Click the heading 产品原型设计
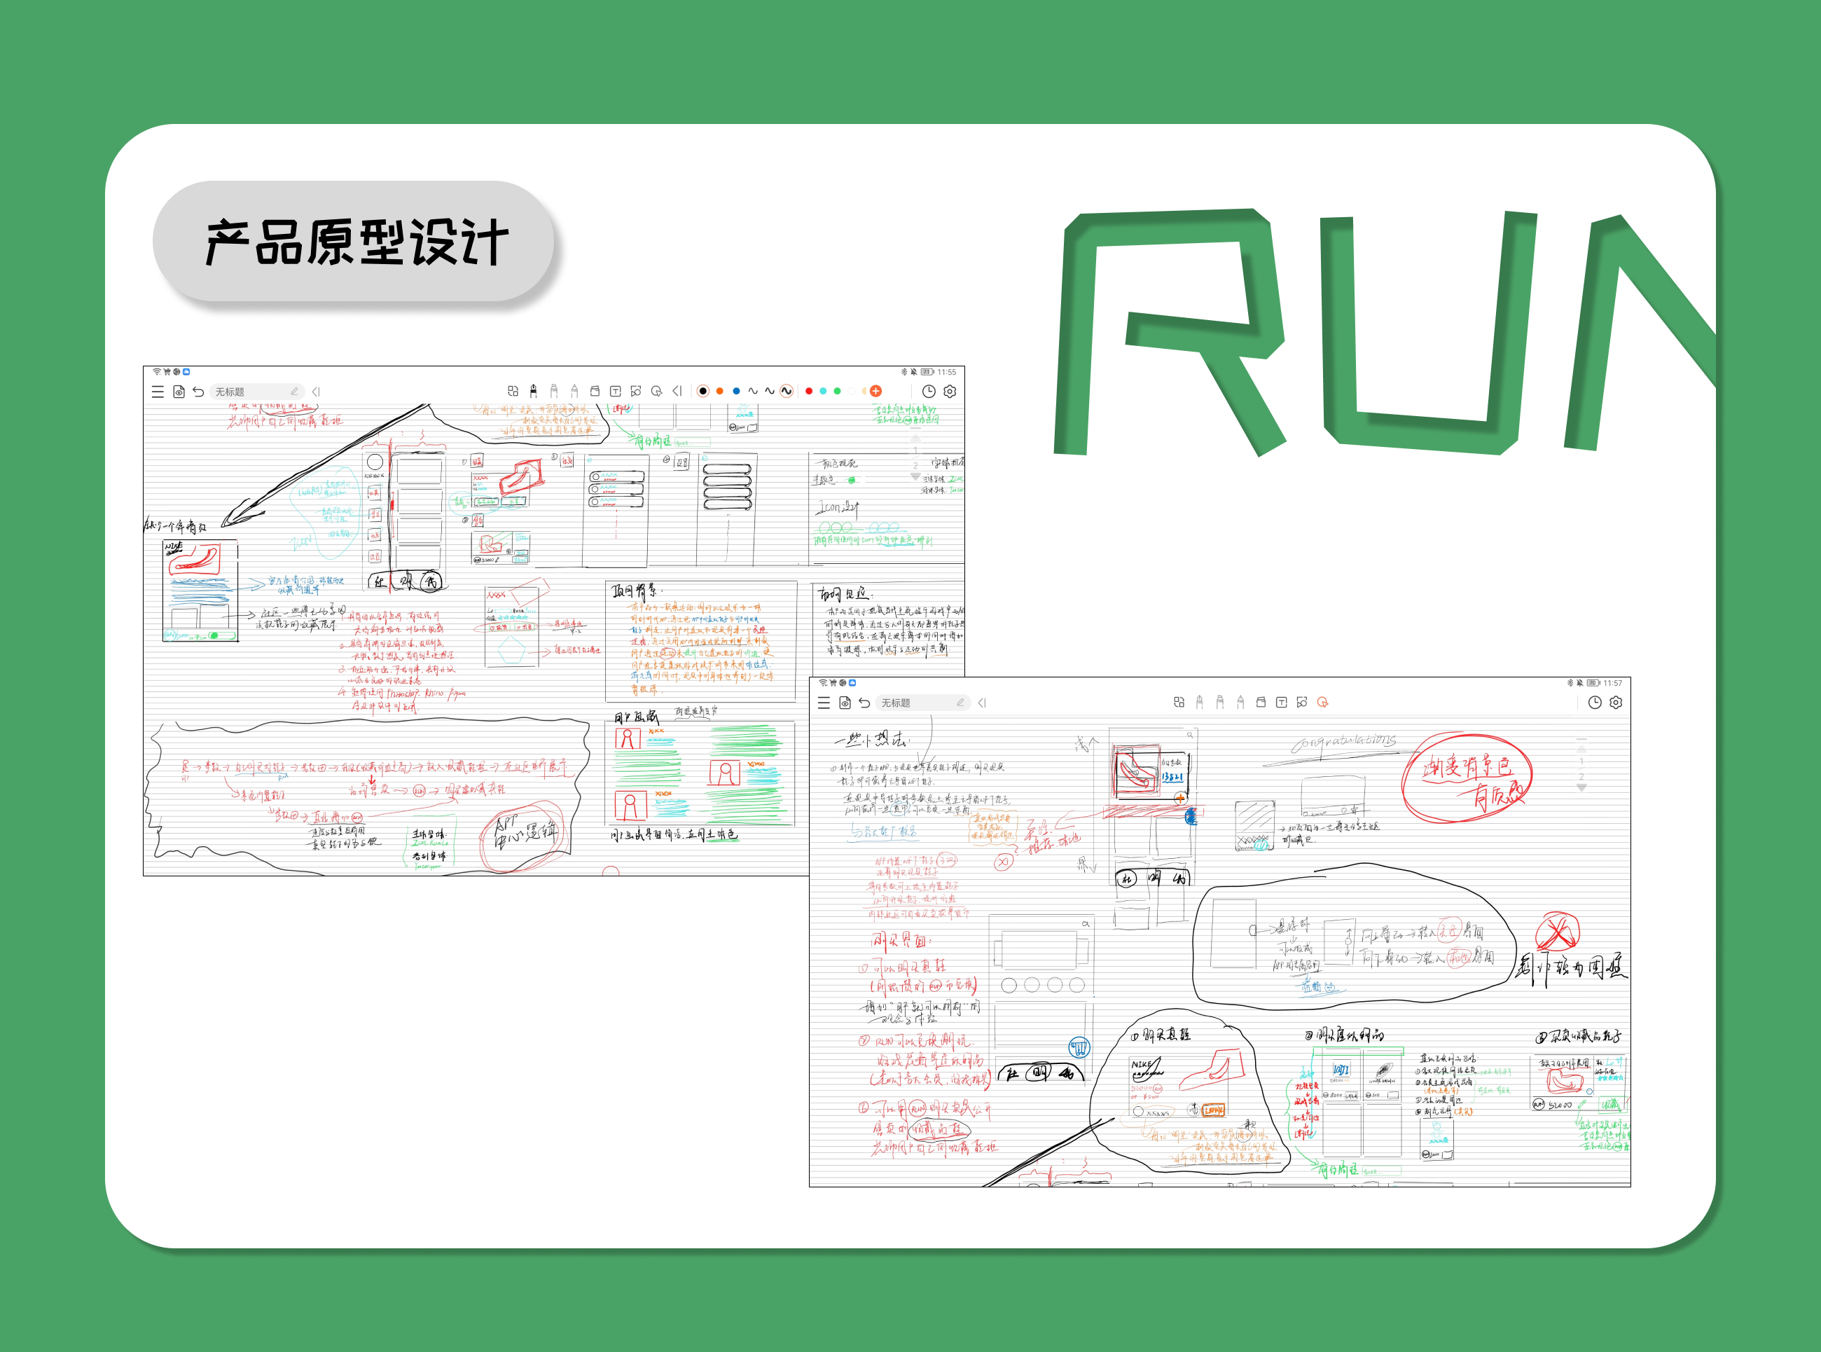click(356, 242)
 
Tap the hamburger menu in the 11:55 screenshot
click(157, 392)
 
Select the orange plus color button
click(875, 391)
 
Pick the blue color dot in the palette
click(736, 391)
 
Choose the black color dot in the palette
click(702, 391)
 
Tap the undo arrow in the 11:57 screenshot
click(864, 703)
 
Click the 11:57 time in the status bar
click(1612, 682)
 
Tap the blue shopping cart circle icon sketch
click(1079, 1047)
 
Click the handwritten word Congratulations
click(1343, 743)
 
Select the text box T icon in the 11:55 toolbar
click(615, 391)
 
